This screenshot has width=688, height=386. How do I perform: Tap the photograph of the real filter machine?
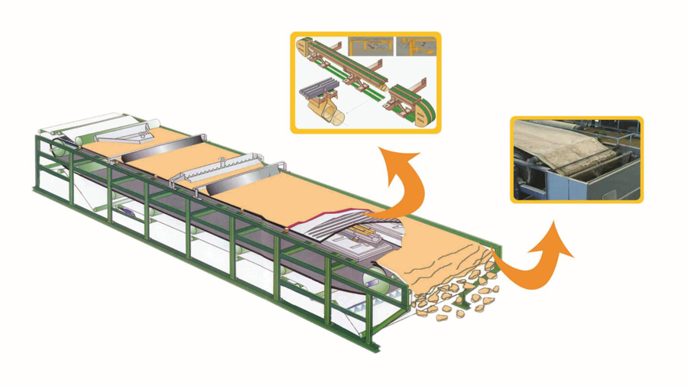[x=576, y=159]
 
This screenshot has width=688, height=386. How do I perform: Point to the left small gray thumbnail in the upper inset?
[x=370, y=47]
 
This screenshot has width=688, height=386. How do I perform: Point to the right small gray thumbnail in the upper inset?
[x=416, y=47]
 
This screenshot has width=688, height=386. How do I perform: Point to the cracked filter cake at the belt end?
[x=443, y=260]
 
